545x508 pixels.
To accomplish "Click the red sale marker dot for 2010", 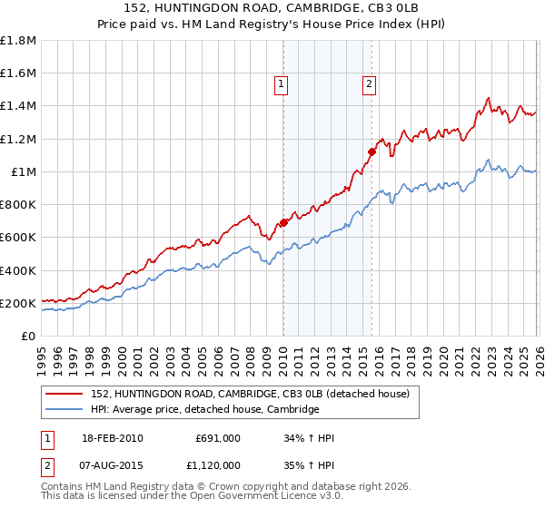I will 283,222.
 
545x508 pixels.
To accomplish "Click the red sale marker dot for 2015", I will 372,151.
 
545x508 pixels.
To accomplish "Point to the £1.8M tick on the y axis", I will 18,41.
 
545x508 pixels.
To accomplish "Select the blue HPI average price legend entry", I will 204,409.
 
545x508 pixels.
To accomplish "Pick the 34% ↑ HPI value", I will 310,438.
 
